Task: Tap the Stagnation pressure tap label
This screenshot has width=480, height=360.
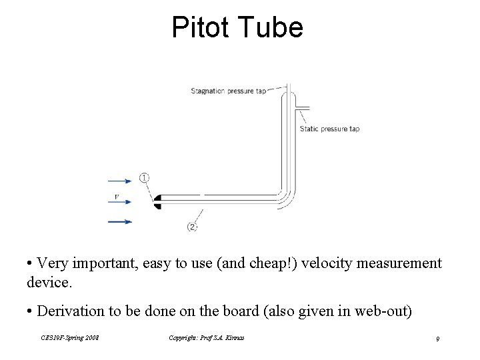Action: click(x=228, y=91)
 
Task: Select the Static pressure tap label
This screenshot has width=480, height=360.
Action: click(x=329, y=129)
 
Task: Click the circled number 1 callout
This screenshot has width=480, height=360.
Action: click(x=145, y=177)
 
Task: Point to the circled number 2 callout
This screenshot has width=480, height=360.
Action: click(x=192, y=227)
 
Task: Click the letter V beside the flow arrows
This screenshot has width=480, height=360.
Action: click(x=117, y=197)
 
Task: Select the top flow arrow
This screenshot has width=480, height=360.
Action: click(x=120, y=180)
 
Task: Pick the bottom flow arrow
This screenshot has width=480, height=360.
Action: click(x=120, y=221)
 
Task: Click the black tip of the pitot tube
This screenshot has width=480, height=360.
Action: click(x=157, y=201)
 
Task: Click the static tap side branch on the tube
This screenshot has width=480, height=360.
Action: click(x=301, y=107)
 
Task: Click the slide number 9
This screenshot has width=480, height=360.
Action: click(x=437, y=340)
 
